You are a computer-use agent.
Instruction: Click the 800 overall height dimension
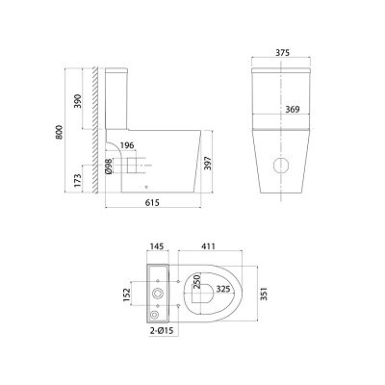[59, 132]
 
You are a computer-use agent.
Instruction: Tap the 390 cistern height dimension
[78, 101]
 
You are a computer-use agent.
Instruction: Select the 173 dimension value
[78, 181]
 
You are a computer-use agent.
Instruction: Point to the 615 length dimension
[152, 202]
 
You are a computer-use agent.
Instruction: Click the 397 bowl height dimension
[208, 163]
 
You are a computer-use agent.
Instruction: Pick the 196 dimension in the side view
[127, 145]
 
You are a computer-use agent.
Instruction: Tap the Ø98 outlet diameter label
[109, 167]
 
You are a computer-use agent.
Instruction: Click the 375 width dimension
[282, 53]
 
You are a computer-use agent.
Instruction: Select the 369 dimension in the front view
[293, 110]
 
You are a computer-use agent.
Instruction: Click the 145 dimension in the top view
[157, 246]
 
